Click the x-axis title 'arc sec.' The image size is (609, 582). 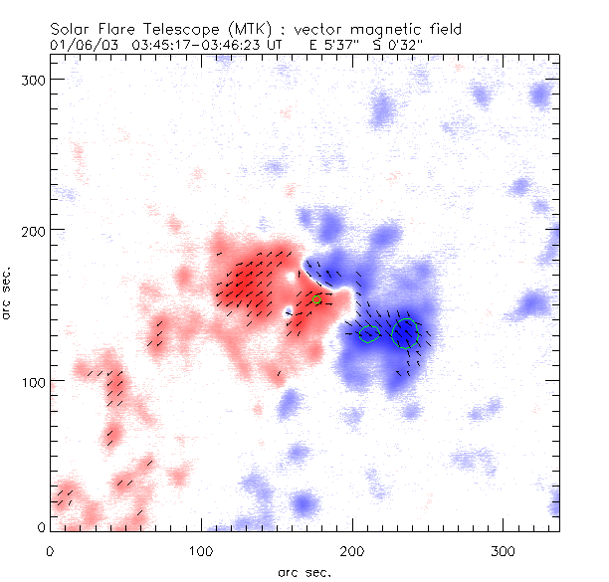[304, 571]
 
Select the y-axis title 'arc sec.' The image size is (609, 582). [8, 293]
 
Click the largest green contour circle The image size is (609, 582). [405, 331]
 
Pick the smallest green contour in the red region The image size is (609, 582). [316, 299]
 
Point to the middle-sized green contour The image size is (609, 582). [368, 334]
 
